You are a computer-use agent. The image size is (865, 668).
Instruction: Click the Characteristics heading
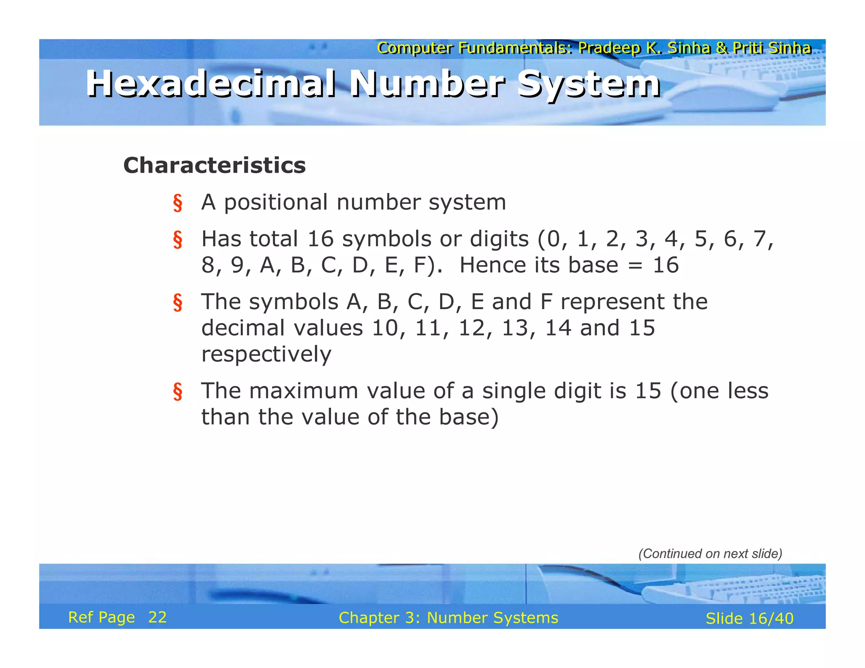(x=214, y=165)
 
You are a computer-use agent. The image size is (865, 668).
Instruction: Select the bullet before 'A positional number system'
(x=178, y=203)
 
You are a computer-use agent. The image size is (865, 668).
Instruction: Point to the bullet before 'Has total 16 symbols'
(x=178, y=239)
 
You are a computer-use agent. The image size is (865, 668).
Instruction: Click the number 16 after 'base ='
(x=666, y=265)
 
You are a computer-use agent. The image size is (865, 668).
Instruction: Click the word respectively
(x=266, y=354)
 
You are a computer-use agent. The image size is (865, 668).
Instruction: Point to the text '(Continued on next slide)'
(x=710, y=554)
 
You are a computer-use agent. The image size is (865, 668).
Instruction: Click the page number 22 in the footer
(x=158, y=617)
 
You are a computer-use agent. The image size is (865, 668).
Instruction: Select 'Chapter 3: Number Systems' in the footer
(x=448, y=618)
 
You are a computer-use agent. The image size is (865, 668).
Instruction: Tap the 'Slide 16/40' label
(x=749, y=619)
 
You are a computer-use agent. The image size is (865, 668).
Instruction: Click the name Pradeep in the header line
(x=609, y=48)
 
